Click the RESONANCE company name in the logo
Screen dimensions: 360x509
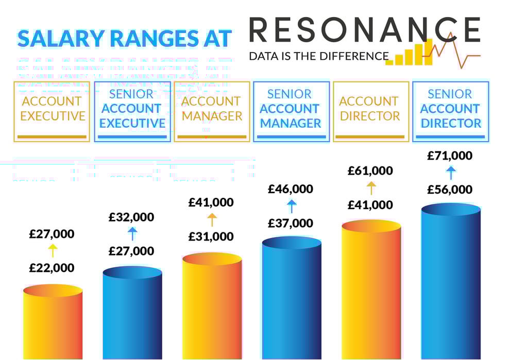tap(365, 29)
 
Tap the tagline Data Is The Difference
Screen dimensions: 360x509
tap(318, 56)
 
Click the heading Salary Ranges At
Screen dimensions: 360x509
tap(124, 39)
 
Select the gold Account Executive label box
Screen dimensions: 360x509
tap(52, 111)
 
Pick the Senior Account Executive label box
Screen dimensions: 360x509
tap(132, 111)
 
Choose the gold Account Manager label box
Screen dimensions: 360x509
tap(212, 111)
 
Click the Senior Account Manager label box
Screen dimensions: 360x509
tap(291, 111)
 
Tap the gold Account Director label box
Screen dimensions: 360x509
tap(371, 111)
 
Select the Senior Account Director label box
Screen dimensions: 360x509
tap(450, 111)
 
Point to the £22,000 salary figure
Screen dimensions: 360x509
tap(52, 268)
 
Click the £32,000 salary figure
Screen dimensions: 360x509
tap(131, 217)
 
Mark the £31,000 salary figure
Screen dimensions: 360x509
tap(211, 237)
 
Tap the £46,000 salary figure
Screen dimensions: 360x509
tap(291, 189)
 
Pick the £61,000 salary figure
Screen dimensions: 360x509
tap(370, 170)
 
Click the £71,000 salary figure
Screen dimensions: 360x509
tap(450, 156)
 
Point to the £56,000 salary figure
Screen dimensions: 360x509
tap(450, 190)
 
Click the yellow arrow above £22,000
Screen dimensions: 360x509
tap(53, 251)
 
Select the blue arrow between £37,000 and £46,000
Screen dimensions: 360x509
tap(292, 206)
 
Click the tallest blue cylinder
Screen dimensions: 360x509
tap(451, 283)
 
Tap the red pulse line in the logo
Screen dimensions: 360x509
tap(453, 52)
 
